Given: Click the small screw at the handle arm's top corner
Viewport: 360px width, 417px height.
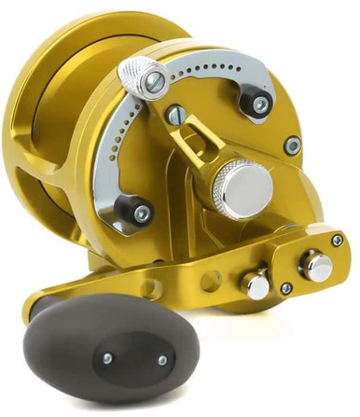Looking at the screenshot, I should click(337, 240).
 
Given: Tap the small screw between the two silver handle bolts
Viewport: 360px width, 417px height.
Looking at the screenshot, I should click(285, 288).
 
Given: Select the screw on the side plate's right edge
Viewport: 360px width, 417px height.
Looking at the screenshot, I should click(293, 146).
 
